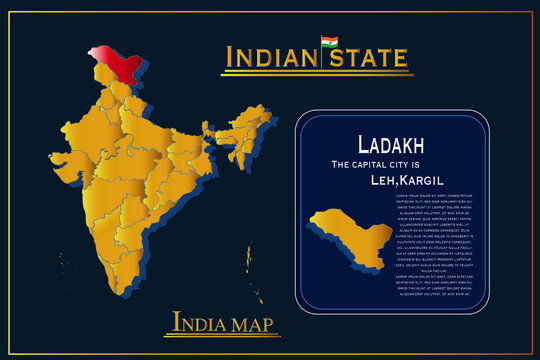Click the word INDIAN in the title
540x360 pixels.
tap(270, 58)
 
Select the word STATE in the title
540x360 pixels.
tap(370, 58)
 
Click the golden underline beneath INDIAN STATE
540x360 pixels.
tap(316, 73)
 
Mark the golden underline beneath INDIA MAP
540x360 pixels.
tap(226, 335)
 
